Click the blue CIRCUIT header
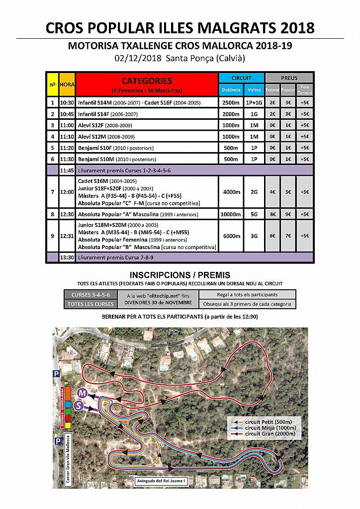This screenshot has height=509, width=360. click(x=241, y=78)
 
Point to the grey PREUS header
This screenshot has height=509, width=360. click(x=289, y=78)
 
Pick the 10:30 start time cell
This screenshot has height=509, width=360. click(x=67, y=103)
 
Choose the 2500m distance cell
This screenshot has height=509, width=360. click(x=231, y=103)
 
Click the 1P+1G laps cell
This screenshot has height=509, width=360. click(x=254, y=103)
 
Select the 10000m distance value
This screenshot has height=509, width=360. click(x=231, y=214)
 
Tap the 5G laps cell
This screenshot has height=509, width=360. click(x=254, y=214)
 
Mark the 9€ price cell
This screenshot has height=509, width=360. click(x=287, y=214)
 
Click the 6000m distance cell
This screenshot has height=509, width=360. click(x=231, y=236)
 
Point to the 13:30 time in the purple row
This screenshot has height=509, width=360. click(x=67, y=257)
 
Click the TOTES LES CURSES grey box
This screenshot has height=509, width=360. click(x=90, y=304)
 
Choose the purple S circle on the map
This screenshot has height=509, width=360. click(x=78, y=406)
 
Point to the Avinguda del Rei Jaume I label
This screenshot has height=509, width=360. click(x=162, y=481)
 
